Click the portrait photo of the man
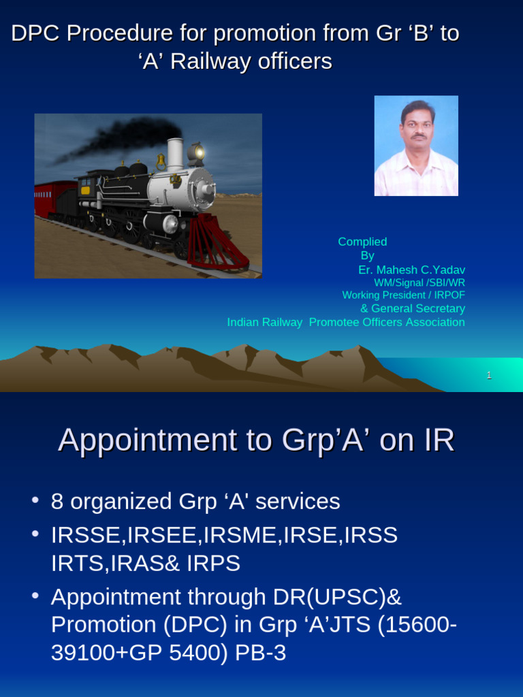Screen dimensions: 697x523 (416, 146)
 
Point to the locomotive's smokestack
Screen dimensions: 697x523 (175, 155)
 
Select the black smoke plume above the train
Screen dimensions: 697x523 (129, 136)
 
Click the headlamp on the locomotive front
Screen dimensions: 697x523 (197, 152)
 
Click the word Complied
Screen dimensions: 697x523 (362, 242)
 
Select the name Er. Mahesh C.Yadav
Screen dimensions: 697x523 (411, 270)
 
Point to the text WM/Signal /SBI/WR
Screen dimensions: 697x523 (419, 282)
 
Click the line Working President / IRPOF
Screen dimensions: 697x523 (403, 295)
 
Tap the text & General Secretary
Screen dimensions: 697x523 (412, 308)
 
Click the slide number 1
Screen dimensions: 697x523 (489, 375)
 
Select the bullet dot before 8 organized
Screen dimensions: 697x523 (35, 501)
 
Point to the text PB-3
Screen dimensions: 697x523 (260, 653)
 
